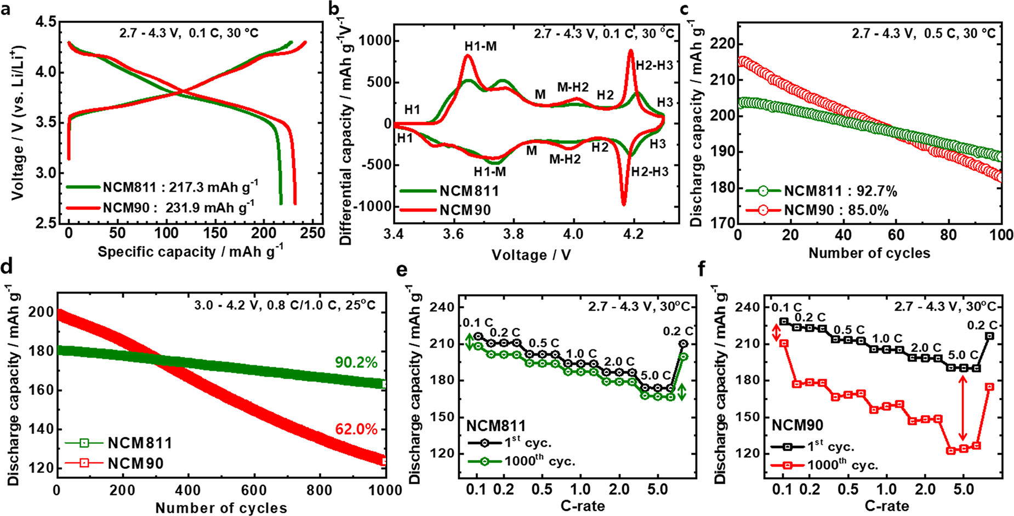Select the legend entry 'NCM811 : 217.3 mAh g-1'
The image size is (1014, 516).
(162, 187)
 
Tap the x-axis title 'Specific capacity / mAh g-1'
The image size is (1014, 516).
(190, 251)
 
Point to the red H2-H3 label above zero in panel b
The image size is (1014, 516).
(654, 66)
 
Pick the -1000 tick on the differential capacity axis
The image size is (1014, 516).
(372, 207)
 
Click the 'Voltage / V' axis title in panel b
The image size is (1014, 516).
(531, 255)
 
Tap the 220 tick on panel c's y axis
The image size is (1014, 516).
(722, 44)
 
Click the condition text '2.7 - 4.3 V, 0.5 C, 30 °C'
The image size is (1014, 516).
(923, 34)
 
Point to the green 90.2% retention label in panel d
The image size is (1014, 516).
(356, 363)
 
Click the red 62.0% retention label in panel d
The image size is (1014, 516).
(356, 429)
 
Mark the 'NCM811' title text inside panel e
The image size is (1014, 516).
(496, 426)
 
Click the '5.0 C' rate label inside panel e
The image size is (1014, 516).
(655, 376)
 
